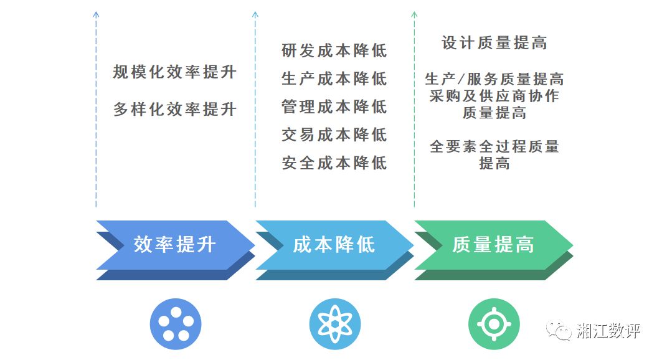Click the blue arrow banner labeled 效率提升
coord(174,245)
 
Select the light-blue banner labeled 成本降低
coord(334,245)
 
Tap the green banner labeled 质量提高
coord(493,245)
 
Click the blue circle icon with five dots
coord(175,324)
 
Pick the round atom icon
coord(334,324)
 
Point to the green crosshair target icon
coord(493,324)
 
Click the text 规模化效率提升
coord(175,72)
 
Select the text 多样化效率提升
coord(175,110)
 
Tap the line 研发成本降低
coord(334,50)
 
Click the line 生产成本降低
coord(334,78)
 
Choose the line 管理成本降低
coord(334,107)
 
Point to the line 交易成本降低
coord(334,135)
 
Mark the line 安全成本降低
coord(334,163)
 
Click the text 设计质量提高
coord(494,42)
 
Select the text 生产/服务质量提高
coord(494,79)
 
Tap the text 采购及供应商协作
coord(494,96)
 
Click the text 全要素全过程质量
coord(494,147)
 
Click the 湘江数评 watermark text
coord(608,330)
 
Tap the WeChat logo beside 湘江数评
coord(559,330)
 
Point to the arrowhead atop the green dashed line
coord(414,14)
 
